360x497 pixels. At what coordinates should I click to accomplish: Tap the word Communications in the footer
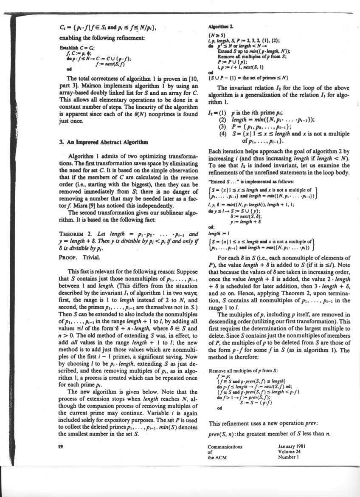(225, 446)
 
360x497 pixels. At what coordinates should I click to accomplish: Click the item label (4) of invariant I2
(222, 135)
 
